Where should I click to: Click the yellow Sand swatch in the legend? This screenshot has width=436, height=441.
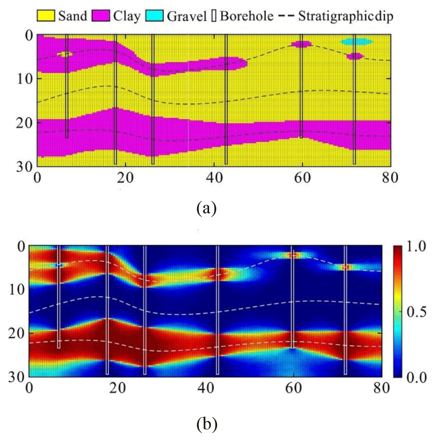coord(45,16)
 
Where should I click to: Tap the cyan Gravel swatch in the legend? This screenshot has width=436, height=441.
coord(155,16)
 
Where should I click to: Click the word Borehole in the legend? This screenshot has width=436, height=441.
coord(246,16)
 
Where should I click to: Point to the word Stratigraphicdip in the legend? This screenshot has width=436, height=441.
coord(346,16)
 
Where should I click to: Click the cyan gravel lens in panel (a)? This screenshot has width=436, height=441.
coord(356,42)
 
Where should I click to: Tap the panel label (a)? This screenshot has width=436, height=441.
coord(206,208)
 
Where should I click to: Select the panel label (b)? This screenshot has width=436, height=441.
coord(206,425)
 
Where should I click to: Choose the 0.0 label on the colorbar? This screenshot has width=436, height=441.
coord(416,377)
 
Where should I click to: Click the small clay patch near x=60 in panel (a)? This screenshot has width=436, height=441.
coord(301,44)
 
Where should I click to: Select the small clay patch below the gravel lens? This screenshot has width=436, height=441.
coord(355,56)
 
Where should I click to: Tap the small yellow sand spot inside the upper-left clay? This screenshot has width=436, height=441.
coord(65,54)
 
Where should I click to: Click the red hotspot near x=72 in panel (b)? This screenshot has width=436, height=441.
coord(346,267)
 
